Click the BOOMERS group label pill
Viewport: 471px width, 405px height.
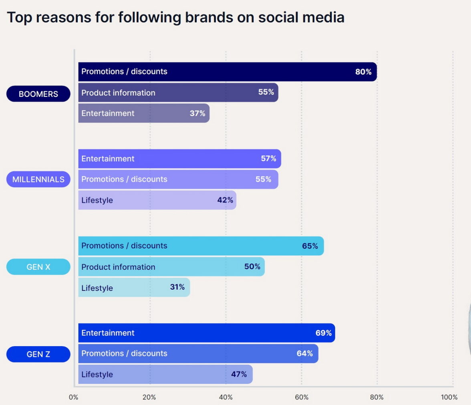coord(38,94)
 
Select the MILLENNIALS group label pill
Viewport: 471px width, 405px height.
coord(38,179)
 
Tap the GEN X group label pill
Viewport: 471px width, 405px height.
coord(38,267)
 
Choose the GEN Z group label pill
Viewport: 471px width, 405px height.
coord(38,354)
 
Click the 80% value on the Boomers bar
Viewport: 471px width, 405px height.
coord(363,72)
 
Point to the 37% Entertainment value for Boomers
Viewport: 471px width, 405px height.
coord(197,113)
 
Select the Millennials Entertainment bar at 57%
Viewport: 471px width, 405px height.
coord(179,159)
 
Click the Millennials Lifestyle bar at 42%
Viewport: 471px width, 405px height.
coord(157,200)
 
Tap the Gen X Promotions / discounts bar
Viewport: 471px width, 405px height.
coord(201,246)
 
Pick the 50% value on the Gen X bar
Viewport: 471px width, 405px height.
coord(252,266)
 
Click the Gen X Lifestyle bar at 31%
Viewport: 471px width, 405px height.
coord(134,288)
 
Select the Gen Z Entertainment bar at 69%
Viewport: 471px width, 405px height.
coord(206,333)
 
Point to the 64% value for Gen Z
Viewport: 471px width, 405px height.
coord(305,353)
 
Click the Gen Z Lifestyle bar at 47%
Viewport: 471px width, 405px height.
coord(165,375)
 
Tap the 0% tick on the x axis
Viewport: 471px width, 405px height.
coord(74,397)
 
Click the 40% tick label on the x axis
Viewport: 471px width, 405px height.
coord(226,397)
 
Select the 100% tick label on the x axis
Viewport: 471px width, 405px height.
coord(449,397)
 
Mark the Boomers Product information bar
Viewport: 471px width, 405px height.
coord(178,93)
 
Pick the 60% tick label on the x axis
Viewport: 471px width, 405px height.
coord(302,397)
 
